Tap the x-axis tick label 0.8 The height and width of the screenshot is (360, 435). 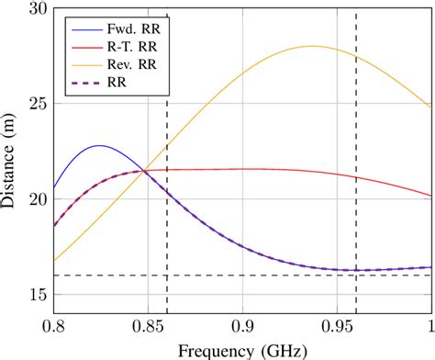(53, 326)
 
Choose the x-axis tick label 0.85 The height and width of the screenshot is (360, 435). (146, 326)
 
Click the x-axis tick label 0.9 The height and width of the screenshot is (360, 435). (242, 326)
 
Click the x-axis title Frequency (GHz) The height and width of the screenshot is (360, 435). (242, 349)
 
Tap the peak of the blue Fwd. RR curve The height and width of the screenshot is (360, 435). (99, 145)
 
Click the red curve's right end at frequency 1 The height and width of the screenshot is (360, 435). (430, 196)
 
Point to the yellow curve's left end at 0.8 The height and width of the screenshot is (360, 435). (54, 261)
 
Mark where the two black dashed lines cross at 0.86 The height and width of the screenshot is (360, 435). (167, 276)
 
